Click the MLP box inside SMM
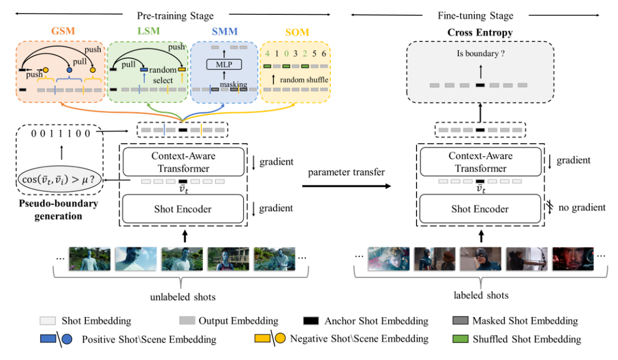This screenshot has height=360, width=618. pyautogui.click(x=224, y=64)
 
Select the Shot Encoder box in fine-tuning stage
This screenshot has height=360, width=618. pyautogui.click(x=480, y=209)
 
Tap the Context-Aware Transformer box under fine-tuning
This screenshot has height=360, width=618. pyautogui.click(x=480, y=162)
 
